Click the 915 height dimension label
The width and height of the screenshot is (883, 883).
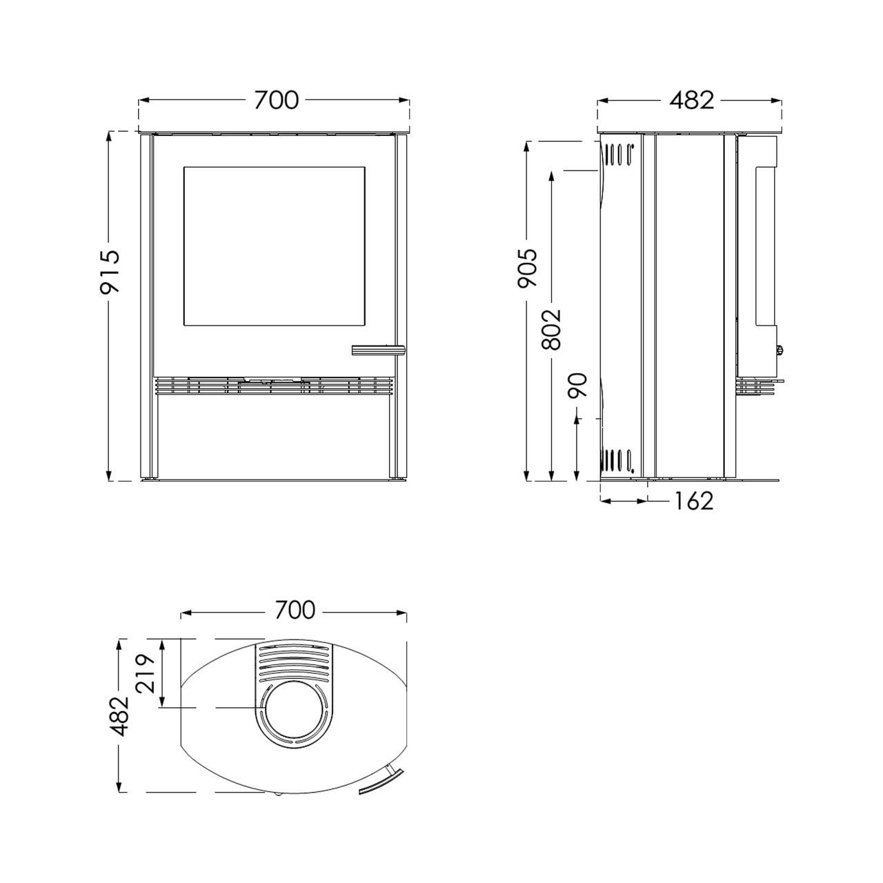pos(110,271)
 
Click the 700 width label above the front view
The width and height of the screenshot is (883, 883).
pos(276,101)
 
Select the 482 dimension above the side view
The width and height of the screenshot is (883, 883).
pos(691,101)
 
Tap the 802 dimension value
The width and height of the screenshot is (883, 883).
pos(552,330)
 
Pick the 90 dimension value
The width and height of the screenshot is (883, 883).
pos(577,384)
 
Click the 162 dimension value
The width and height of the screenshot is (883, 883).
pos(691,501)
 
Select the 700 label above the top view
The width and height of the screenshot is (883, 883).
pos(295,611)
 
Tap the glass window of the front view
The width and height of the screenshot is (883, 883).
pos(273,246)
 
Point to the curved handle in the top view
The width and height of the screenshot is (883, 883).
pos(383,783)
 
